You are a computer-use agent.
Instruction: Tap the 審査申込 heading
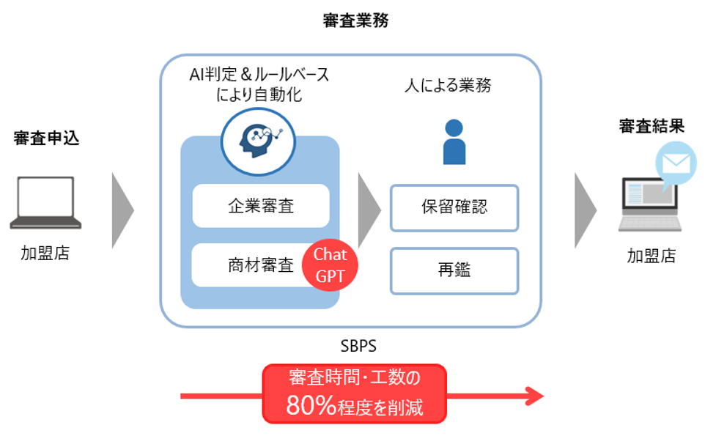point(46,138)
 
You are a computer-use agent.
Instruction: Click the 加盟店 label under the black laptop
point(45,254)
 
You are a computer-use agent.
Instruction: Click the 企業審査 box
point(261,206)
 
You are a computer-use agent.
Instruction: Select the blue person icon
point(454,141)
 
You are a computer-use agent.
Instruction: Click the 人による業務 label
point(448,86)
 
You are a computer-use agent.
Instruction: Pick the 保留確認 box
point(454,207)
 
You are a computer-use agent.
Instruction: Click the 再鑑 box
point(454,270)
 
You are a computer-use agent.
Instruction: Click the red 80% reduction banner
point(354,393)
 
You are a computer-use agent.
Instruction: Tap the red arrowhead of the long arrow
point(534,396)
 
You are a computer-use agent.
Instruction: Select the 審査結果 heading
point(652,127)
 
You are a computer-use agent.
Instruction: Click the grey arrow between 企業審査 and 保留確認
point(369,210)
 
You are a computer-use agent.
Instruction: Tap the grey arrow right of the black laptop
point(122,210)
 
